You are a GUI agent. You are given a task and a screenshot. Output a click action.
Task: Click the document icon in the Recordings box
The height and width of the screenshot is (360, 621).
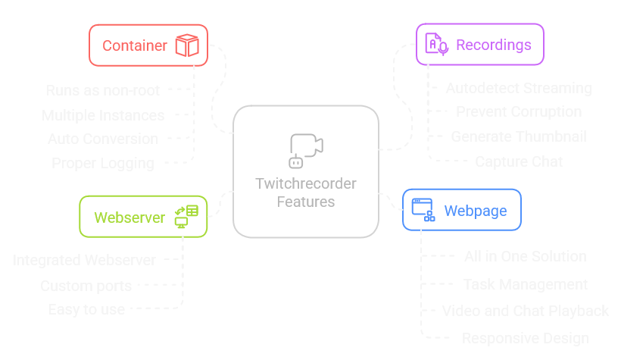tap(436, 44)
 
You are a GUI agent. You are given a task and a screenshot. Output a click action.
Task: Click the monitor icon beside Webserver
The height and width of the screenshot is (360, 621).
tap(186, 217)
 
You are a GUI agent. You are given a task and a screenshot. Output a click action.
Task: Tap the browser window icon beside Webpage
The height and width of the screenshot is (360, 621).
tap(423, 209)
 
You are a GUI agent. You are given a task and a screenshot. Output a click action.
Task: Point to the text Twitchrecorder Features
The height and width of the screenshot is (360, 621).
tap(306, 193)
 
